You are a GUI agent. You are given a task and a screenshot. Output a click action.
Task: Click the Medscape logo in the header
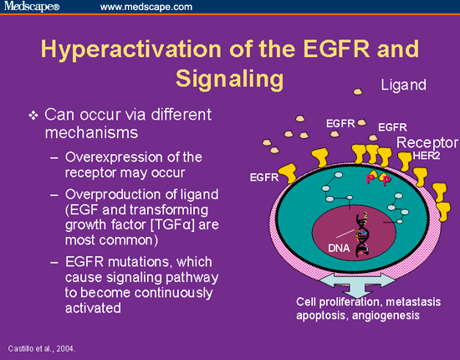coord(32,6)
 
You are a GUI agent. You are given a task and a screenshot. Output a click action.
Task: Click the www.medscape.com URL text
coord(146,7)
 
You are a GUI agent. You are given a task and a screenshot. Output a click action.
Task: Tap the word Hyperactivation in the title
coord(131,49)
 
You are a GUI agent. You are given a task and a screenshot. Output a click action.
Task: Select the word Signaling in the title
coord(230,79)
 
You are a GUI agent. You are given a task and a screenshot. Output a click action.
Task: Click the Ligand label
coord(403,85)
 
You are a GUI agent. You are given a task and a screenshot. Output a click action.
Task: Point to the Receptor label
coord(427,142)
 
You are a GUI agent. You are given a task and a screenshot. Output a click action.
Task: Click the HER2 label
coord(427,156)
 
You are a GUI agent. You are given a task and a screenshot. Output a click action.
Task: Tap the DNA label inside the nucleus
coord(339,248)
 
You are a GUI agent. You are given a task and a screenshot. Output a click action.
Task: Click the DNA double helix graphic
coord(363,234)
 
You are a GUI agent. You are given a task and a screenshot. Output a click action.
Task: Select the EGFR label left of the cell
coord(264,177)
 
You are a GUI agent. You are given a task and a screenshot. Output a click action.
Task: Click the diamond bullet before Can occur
coord(33,116)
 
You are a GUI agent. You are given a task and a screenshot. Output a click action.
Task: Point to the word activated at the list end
coord(93,308)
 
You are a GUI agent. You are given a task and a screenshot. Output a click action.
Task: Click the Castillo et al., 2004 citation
coord(41,348)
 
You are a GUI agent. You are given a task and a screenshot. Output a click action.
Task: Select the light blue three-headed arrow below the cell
coord(357,282)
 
